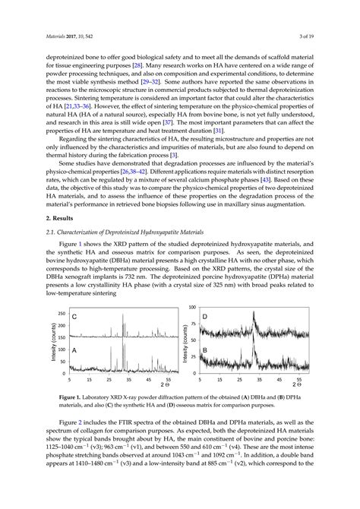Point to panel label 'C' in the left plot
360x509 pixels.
click(x=74, y=315)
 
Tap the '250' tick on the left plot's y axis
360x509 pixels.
click(x=61, y=312)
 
